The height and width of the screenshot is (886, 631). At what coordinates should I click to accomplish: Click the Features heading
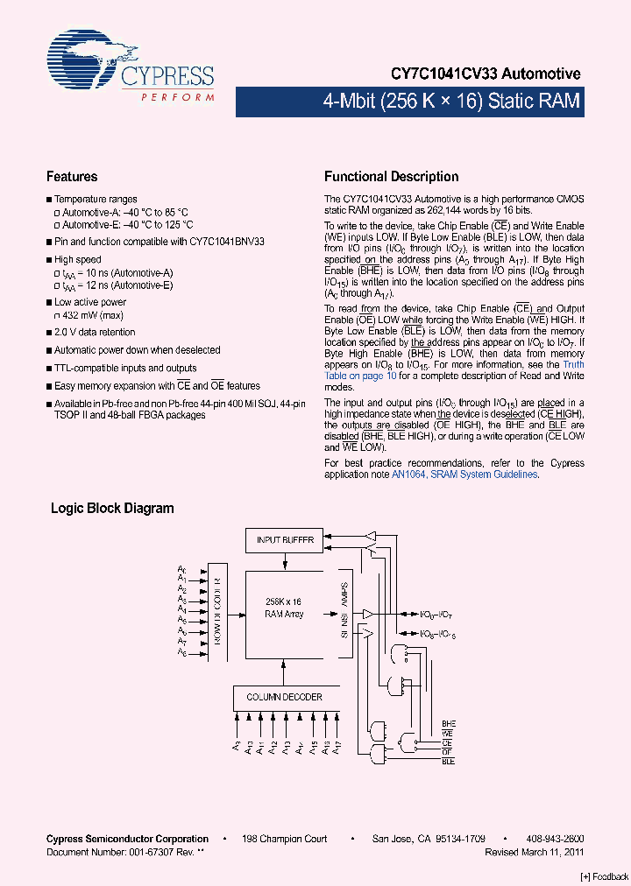click(72, 177)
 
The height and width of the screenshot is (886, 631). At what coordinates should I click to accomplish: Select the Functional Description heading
click(391, 177)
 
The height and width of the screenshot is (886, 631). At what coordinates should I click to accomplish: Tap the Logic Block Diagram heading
click(112, 508)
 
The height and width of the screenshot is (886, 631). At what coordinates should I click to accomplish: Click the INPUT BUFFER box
click(285, 540)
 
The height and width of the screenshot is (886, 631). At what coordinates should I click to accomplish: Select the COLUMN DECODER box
click(284, 698)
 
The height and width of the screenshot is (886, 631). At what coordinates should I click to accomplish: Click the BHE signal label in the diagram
click(449, 722)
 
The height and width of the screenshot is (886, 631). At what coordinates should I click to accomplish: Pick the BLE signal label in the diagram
click(449, 762)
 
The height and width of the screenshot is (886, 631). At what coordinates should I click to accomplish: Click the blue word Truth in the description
click(573, 364)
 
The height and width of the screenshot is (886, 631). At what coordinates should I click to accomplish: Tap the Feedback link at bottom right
click(605, 876)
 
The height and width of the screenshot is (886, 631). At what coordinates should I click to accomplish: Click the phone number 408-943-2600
click(555, 839)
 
